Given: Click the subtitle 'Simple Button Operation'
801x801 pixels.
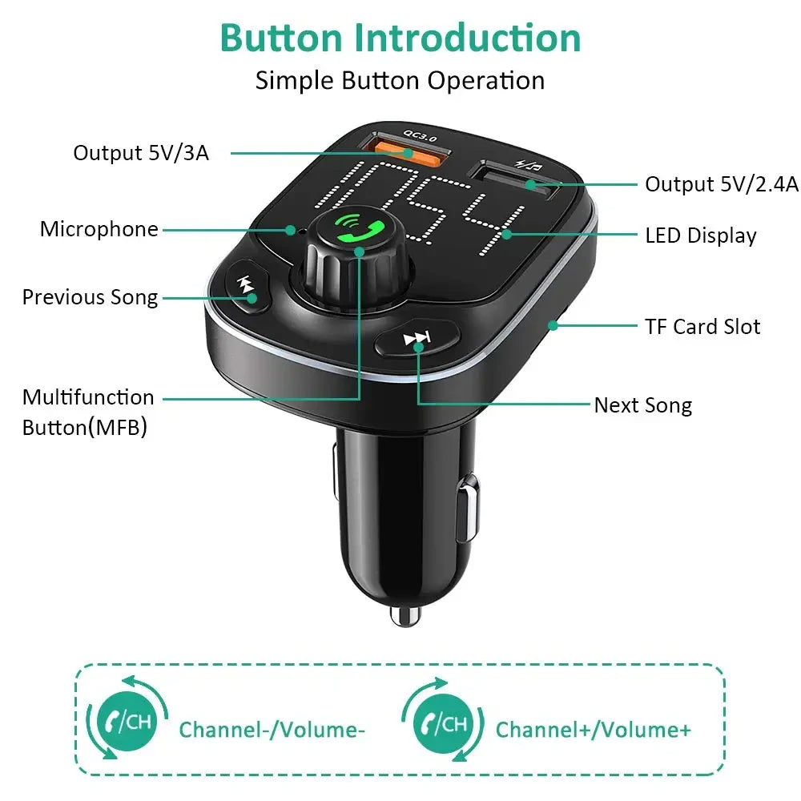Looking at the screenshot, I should coord(400,80).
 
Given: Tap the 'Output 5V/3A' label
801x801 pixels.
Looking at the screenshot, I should coord(141,152).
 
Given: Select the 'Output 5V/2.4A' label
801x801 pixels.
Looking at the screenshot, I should coord(722,184).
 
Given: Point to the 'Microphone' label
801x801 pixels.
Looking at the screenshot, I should coord(99,229).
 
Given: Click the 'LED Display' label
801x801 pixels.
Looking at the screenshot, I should coord(700,235).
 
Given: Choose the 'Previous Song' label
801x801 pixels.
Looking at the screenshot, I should coord(90,297).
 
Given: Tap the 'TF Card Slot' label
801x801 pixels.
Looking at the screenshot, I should coord(702,326).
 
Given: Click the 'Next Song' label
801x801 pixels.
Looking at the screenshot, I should coord(642,405).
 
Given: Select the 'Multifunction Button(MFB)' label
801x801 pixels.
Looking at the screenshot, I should coord(87,413).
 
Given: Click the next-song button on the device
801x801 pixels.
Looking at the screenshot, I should coord(417,340).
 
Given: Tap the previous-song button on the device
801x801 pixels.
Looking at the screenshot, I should coord(244,288).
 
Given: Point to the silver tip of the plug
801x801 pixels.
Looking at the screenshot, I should coord(405,615).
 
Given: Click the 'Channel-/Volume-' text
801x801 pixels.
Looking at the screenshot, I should coord(272,730).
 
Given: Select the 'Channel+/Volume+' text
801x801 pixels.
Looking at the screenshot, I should coord(593,730).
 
